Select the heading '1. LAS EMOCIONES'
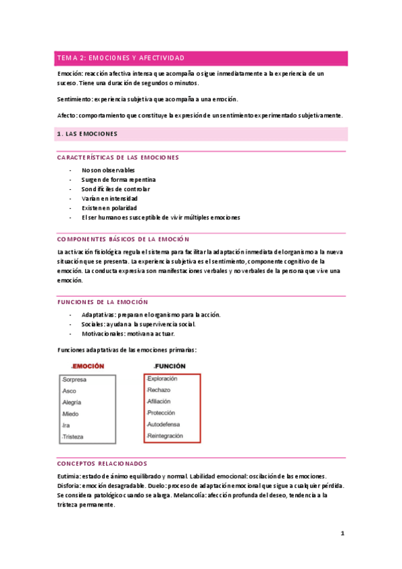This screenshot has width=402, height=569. (88, 134)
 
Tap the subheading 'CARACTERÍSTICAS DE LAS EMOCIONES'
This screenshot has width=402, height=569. (118, 158)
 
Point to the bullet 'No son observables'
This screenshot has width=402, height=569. (108, 170)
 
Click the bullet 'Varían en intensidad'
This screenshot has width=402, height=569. (109, 199)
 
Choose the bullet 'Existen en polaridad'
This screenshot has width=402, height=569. (109, 208)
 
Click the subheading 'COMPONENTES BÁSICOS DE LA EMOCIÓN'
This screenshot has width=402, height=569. (123, 239)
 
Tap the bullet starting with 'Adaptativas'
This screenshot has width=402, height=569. (150, 315)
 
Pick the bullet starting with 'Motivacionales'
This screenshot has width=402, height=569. (128, 333)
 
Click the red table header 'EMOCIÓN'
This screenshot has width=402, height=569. (88, 366)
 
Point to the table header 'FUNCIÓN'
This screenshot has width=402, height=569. (170, 366)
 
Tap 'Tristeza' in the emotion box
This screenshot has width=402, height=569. (73, 437)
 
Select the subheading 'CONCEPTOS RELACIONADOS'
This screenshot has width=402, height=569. (102, 464)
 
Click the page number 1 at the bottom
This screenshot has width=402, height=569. (342, 534)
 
